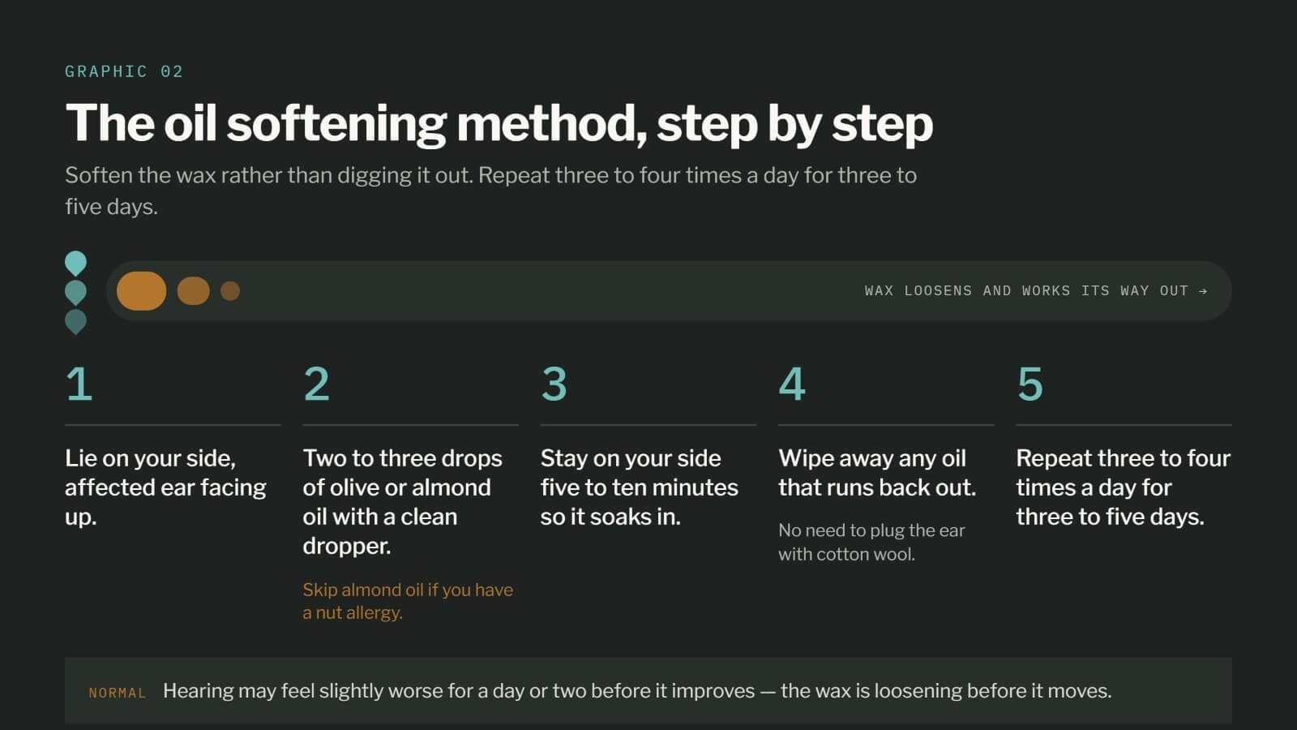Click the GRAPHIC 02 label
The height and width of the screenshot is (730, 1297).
click(124, 71)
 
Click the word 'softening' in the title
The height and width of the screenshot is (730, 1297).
click(336, 124)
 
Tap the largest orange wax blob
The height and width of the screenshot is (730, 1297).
click(141, 291)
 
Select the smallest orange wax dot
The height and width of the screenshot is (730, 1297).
click(230, 291)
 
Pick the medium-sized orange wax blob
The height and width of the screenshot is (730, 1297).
click(194, 291)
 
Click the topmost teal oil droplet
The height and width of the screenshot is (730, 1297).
click(76, 263)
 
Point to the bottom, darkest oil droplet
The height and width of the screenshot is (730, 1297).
click(76, 321)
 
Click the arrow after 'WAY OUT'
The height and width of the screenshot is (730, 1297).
click(1203, 291)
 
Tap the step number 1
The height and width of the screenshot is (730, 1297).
click(79, 384)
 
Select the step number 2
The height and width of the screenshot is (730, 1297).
click(316, 384)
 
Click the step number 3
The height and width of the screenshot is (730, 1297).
click(554, 384)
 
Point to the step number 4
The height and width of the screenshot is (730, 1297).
click(792, 384)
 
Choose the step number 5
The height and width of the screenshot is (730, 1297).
click(1030, 384)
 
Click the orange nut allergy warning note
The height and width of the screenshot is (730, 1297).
click(408, 601)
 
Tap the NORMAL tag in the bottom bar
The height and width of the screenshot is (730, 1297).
click(118, 693)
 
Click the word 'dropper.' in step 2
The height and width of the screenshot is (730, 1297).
click(347, 547)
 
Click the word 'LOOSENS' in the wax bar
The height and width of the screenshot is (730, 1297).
click(938, 291)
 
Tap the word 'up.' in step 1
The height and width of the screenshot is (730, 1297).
click(80, 518)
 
